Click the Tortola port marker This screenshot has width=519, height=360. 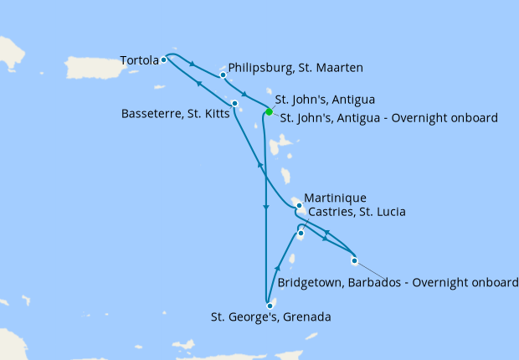click(164, 59)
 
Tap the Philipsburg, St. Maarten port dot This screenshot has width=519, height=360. click(224, 75)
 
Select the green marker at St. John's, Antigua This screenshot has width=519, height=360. click(269, 111)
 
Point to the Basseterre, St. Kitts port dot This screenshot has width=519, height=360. click(235, 104)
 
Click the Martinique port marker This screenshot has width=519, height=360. click(299, 205)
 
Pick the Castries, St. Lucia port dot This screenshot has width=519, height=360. click(300, 233)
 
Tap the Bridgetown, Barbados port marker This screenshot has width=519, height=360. click(354, 260)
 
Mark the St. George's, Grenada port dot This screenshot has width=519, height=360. click(270, 306)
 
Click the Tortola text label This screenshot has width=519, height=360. click(139, 60)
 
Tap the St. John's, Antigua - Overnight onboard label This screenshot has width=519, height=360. click(389, 118)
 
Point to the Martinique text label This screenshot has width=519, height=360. click(336, 198)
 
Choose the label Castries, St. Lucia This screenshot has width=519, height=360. click(357, 212)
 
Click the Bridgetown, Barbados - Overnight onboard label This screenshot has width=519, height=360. click(398, 283)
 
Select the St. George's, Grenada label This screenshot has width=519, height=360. click(271, 317)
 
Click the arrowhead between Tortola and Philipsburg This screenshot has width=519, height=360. click(194, 64)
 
